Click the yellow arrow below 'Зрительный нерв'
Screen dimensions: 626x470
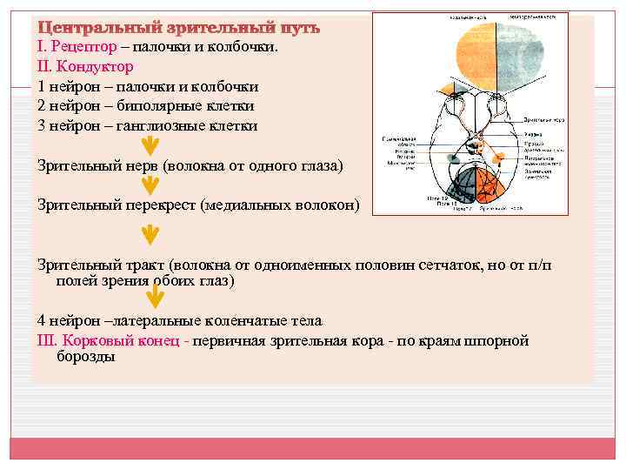[x=150, y=185]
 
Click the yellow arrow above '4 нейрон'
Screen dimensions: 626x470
[x=153, y=298]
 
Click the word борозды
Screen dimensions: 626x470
[x=86, y=357]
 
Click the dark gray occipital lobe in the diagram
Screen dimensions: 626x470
[x=461, y=187]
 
